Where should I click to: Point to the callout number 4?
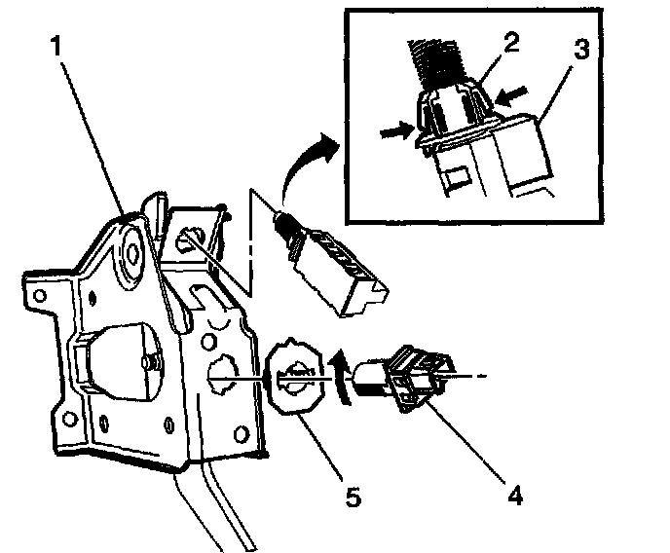tap(512, 496)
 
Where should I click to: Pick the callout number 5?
tap(354, 498)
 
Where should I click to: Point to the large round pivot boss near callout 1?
tap(132, 251)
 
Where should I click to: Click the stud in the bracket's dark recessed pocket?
tap(145, 361)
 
